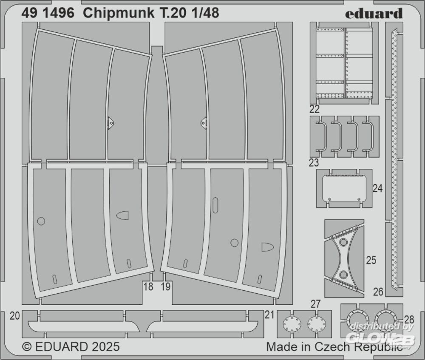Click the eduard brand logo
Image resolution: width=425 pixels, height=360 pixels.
(374, 13)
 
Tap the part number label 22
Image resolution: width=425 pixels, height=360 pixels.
(314, 109)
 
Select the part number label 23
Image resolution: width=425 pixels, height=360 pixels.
(314, 163)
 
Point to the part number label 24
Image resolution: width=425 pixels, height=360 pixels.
(377, 188)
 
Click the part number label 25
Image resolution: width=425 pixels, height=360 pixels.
(371, 260)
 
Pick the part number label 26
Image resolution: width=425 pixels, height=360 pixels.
(378, 292)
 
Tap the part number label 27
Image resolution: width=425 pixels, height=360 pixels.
(316, 304)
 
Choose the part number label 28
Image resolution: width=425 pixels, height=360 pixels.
(409, 320)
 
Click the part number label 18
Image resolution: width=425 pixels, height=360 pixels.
(148, 286)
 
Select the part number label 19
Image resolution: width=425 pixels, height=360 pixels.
(166, 286)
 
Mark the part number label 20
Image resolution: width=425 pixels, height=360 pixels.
(14, 316)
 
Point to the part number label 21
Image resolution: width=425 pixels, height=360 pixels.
(269, 315)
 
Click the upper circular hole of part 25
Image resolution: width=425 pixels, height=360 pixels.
(343, 242)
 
